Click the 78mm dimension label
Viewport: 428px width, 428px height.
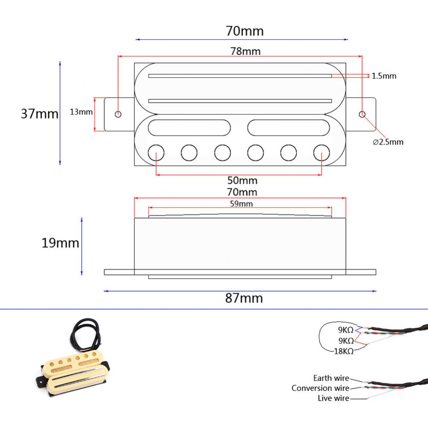pos(245,51)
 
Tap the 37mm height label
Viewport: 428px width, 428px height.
pos(39,114)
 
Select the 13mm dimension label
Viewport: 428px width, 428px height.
pos(81,112)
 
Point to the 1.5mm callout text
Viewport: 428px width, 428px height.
pos(384,76)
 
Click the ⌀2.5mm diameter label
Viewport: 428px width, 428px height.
pos(388,142)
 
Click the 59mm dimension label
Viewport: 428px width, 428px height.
pos(241,204)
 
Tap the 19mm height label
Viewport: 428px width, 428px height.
pos(60,243)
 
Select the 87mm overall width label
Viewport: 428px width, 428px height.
pos(244,298)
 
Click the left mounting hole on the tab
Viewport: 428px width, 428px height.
pos(118,114)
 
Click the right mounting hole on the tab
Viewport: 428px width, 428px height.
pos(362,114)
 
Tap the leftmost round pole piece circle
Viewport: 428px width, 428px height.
pos(156,152)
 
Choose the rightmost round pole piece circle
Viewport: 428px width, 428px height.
pos(322,152)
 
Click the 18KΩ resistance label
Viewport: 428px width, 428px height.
pos(343,351)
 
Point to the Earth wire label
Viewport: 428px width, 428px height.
pos(331,378)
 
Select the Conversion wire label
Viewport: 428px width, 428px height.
pos(320,388)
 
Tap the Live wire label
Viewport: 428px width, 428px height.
pos(333,398)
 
